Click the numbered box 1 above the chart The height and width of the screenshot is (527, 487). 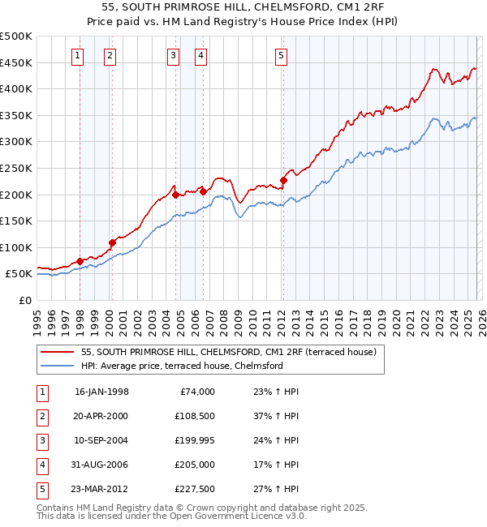click(x=76, y=56)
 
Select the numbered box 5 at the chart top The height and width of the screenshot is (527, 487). click(x=281, y=56)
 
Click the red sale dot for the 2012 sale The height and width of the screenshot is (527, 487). click(x=283, y=181)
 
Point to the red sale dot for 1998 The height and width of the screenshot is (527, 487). click(x=80, y=261)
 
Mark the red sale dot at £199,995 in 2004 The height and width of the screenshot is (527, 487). click(x=175, y=195)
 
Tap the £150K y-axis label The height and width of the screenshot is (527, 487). click(x=16, y=221)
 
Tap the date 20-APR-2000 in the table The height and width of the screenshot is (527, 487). click(x=101, y=416)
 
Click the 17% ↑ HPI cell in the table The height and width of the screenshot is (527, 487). click(x=271, y=465)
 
